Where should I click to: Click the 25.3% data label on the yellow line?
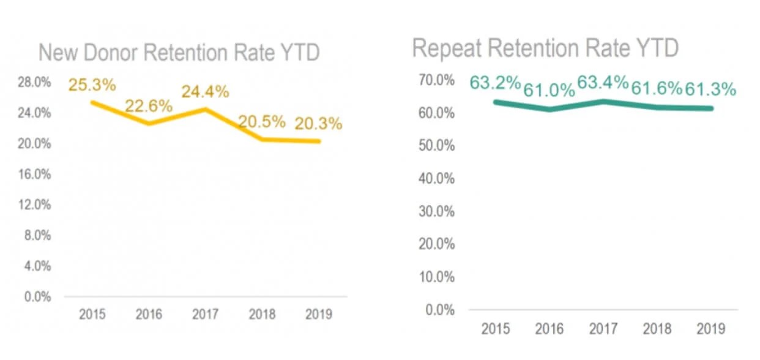click(92, 84)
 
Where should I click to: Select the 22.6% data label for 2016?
click(149, 105)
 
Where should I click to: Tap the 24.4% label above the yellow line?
click(205, 92)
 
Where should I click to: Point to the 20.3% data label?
click(318, 124)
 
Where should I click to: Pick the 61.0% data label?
click(549, 91)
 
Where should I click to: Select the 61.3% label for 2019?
click(710, 89)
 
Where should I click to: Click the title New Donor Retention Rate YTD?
click(179, 53)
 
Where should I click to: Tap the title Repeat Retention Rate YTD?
click(545, 48)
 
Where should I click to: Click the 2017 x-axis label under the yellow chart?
click(205, 315)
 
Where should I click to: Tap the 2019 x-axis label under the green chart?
click(710, 329)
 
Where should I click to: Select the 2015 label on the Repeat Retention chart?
click(495, 329)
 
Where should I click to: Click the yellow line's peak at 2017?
click(205, 109)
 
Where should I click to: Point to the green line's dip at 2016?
click(549, 110)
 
